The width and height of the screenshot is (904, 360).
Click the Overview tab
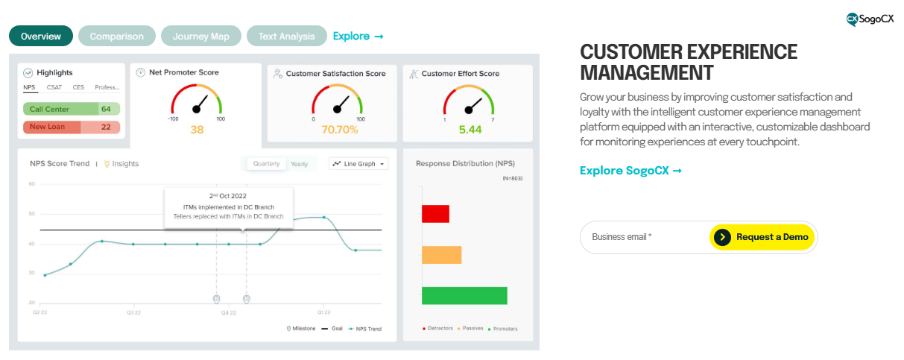[x=41, y=36]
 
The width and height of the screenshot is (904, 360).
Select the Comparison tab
[x=116, y=36]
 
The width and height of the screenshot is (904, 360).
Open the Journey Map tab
[x=200, y=36]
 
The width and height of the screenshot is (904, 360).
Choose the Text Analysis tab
[x=286, y=36]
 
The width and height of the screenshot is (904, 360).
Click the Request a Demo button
[x=762, y=237]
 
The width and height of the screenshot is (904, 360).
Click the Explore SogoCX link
[x=630, y=171]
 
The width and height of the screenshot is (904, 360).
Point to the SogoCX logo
[x=870, y=19]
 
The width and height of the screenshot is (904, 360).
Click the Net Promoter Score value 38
[x=197, y=130]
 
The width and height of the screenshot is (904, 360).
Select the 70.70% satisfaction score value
[x=339, y=130]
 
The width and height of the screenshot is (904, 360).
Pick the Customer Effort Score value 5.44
[x=470, y=130]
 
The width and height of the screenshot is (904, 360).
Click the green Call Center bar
[x=61, y=109]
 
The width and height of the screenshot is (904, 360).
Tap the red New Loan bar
[x=61, y=127]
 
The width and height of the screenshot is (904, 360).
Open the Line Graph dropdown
[x=358, y=163]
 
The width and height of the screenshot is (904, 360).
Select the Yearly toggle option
[x=299, y=163]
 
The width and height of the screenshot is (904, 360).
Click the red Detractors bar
[x=435, y=214]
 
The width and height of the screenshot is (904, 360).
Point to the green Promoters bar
[x=464, y=295]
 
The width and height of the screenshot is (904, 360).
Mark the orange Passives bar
[x=441, y=255]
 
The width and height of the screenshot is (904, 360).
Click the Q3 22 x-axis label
[x=134, y=313]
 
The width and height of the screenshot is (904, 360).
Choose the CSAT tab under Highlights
[x=54, y=87]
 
